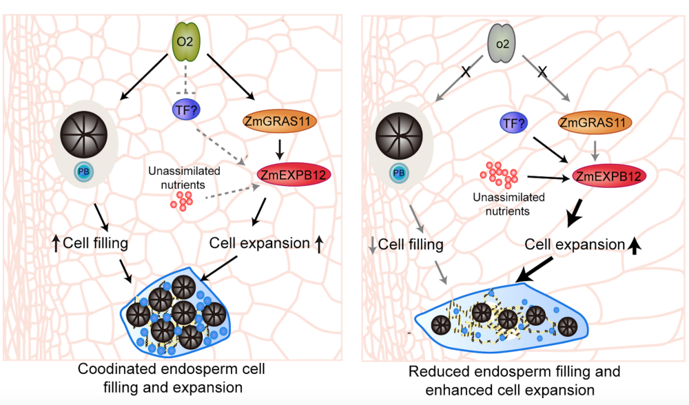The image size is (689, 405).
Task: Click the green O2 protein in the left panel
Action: click(x=185, y=41)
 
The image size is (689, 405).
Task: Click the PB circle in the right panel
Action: click(x=398, y=173)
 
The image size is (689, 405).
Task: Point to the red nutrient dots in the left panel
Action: click(x=183, y=200)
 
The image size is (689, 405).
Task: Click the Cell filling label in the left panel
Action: click(x=94, y=243)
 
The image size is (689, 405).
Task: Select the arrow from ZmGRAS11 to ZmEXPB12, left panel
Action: click(x=278, y=147)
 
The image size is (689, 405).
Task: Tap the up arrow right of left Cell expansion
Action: click(x=318, y=242)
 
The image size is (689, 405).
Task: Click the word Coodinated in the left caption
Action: click(x=110, y=371)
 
